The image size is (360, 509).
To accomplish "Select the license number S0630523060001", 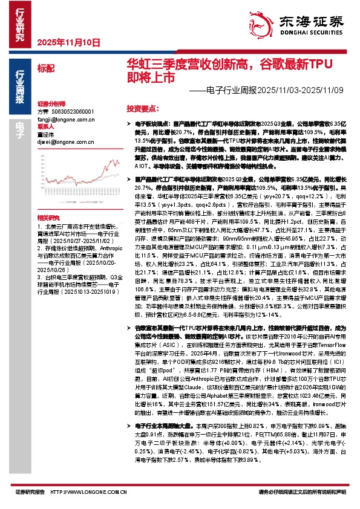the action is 71,112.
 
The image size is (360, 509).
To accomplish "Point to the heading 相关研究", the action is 48,217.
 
